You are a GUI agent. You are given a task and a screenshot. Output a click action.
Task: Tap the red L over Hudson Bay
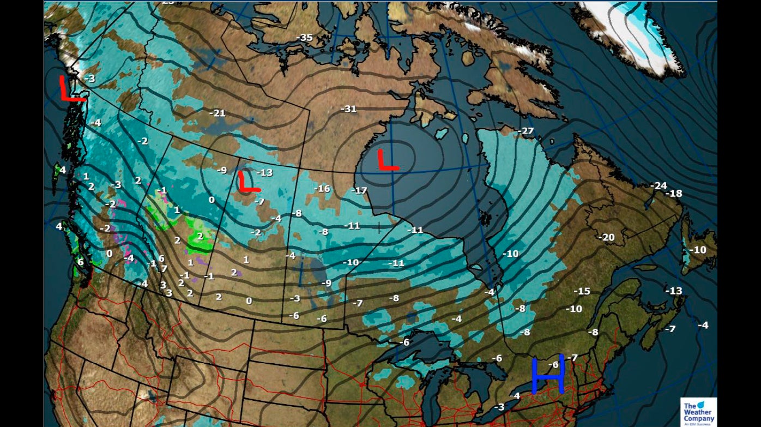(388, 160)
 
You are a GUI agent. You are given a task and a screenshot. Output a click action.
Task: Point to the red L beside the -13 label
(247, 182)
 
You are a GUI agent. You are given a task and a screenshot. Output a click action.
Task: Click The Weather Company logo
(698, 412)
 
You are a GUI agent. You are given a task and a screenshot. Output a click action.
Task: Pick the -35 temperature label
(304, 38)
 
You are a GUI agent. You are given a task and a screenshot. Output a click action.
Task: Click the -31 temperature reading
(348, 109)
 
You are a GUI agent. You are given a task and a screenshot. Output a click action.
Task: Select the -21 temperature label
(218, 113)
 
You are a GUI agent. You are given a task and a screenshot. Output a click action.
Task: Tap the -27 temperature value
(526, 131)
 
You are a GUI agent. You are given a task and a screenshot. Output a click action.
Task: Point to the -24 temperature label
(659, 186)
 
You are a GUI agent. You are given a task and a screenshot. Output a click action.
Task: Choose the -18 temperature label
(675, 194)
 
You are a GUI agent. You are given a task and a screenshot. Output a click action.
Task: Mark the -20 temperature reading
(606, 237)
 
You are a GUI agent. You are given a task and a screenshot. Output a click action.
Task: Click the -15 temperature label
(582, 291)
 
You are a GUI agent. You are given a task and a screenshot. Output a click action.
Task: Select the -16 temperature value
(322, 189)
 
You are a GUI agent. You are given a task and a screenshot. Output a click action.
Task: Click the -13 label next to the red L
(264, 173)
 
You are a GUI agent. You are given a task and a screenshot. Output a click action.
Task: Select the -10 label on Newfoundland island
(697, 250)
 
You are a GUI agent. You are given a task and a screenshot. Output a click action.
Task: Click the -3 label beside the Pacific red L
(89, 79)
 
